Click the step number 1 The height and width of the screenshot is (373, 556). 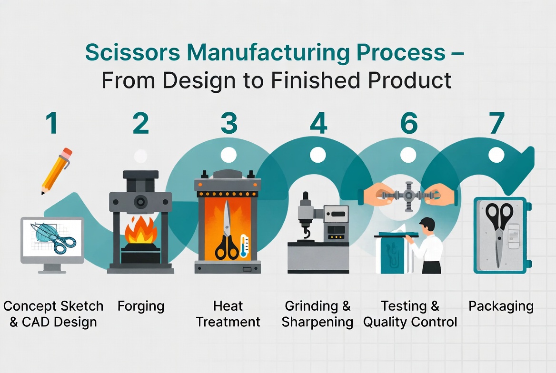click(x=52, y=123)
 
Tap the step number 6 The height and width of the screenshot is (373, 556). click(x=408, y=123)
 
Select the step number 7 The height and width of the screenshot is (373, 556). click(x=496, y=123)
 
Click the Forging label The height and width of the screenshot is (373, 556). click(x=141, y=306)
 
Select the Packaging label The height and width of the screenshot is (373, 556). click(x=501, y=306)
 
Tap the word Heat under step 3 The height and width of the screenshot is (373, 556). click(x=228, y=306)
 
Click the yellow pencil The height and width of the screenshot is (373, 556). click(x=55, y=172)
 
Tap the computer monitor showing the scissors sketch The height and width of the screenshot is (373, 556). click(x=52, y=240)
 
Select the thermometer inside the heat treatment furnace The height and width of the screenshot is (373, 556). click(x=244, y=245)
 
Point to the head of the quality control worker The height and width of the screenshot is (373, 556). click(x=428, y=224)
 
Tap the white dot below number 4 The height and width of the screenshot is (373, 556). click(x=318, y=155)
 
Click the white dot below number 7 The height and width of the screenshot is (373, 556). click(x=496, y=155)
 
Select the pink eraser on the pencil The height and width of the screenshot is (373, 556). click(x=67, y=153)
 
